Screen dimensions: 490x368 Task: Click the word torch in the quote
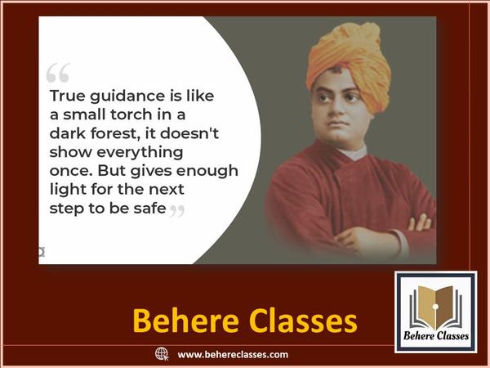pos(127,114)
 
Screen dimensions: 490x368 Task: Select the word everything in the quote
pos(140,153)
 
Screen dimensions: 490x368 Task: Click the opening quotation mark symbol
pos(58,73)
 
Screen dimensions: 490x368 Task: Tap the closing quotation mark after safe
pos(177,211)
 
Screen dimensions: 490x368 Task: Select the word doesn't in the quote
pos(189,132)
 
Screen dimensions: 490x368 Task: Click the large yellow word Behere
pos(186,321)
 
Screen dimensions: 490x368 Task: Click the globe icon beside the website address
pos(162,354)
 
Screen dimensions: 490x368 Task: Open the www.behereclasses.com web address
pos(233,355)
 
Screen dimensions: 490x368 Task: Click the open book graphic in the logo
pos(435,308)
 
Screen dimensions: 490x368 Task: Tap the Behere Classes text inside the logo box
pos(436,336)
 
